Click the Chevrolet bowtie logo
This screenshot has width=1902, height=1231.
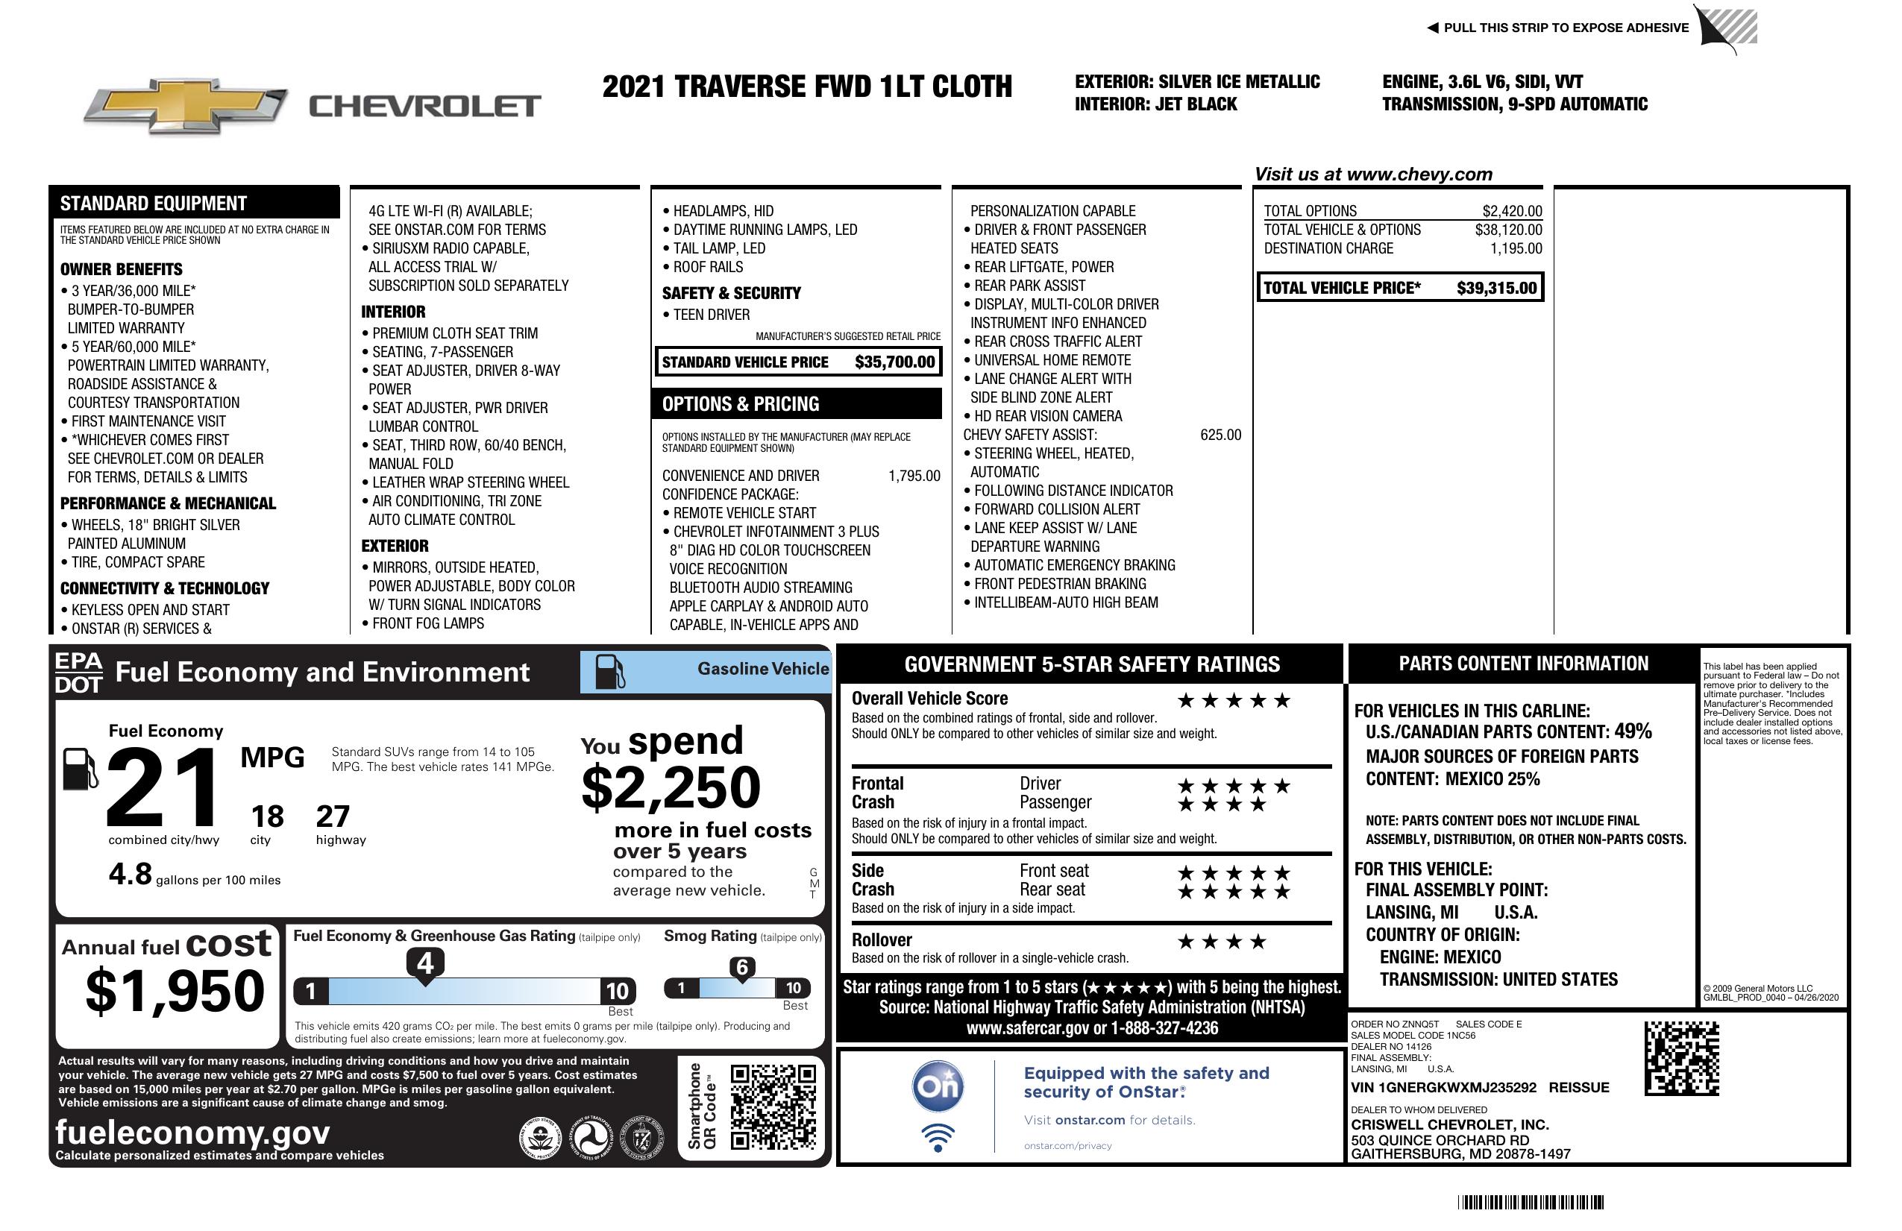[x=185, y=105]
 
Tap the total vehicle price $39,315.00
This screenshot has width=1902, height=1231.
[x=1496, y=289]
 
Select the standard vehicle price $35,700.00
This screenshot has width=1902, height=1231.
[x=894, y=362]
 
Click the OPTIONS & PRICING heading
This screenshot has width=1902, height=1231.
[x=740, y=404]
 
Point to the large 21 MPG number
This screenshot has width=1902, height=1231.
[x=163, y=787]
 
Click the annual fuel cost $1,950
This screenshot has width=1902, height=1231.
[x=175, y=991]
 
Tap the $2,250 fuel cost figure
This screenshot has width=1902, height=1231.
[x=671, y=787]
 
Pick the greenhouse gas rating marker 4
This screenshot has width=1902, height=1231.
[x=425, y=963]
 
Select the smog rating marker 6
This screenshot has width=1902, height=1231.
[x=741, y=967]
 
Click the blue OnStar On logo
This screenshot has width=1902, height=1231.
[x=938, y=1086]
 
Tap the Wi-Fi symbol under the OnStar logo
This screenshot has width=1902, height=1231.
[x=938, y=1138]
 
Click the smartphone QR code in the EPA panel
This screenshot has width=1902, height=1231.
[x=773, y=1106]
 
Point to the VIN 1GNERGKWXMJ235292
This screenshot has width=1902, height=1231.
[x=1443, y=1087]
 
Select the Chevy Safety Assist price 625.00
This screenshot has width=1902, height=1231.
[x=1220, y=435]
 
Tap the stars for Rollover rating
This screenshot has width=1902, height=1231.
[x=1222, y=942]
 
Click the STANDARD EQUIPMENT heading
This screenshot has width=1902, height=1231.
[x=154, y=203]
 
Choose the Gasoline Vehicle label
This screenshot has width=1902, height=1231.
[x=762, y=669]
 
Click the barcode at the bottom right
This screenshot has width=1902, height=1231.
[x=1531, y=1202]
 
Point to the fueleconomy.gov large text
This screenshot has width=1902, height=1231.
[x=192, y=1132]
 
